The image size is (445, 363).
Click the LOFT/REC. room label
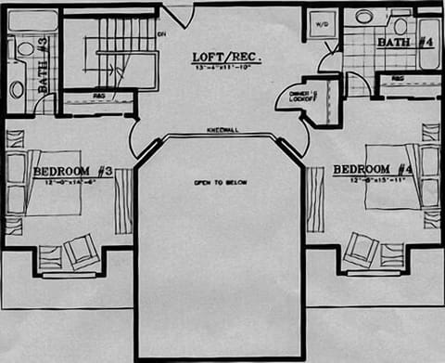pos(226,57)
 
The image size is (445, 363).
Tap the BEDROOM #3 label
pos(72,172)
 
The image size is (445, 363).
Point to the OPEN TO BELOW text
pos(220,182)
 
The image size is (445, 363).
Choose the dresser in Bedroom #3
pos(123,201)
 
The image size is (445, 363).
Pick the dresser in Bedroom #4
pos(315,199)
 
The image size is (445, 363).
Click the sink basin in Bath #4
pos(364,17)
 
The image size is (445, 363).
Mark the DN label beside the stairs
pos(160,34)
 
